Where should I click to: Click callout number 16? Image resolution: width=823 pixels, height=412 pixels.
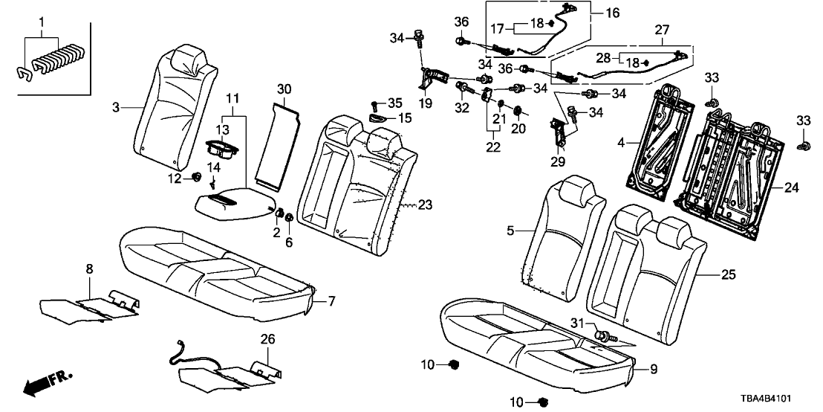tap(612, 13)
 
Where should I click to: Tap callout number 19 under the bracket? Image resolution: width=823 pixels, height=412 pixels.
tap(425, 105)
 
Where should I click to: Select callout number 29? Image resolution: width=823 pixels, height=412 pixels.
tap(557, 161)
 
